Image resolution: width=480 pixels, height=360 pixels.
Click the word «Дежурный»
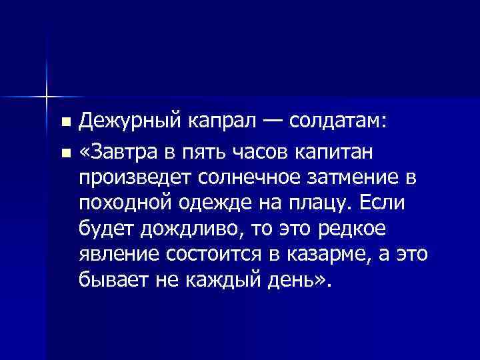pyautogui.click(x=127, y=123)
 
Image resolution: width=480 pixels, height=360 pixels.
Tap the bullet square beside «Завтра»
pyautogui.click(x=65, y=154)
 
